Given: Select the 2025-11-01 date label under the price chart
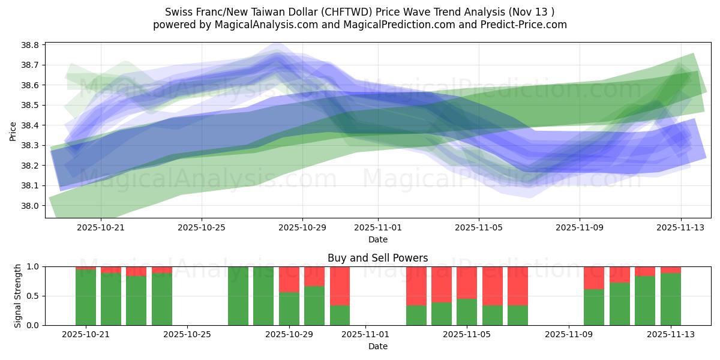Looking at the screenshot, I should pos(378,227).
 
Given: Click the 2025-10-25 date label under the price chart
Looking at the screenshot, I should pos(202,227).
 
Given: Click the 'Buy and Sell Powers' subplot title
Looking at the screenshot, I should pos(377,258).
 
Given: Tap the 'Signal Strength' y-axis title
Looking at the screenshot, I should pos(17,295).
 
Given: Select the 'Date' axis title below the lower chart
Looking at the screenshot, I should pos(377,346).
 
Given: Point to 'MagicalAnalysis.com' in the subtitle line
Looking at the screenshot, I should pos(257,25).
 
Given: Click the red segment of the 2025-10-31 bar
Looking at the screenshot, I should pos(340,286).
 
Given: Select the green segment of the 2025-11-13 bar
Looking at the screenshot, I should pos(670,299).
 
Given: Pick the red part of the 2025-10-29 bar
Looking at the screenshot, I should pos(289,279).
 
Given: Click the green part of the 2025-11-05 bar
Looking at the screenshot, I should pos(466,312).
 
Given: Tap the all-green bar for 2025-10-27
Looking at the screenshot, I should pos(238,296).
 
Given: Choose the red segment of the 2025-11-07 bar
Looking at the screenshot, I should pos(517,286).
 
